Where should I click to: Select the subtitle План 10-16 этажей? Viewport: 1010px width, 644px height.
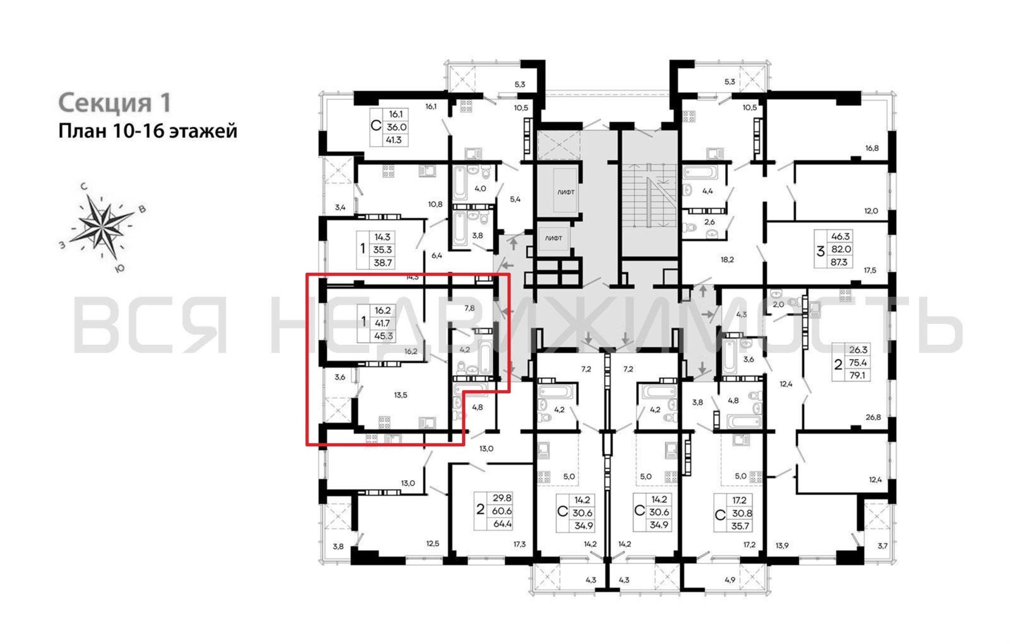coord(148,131)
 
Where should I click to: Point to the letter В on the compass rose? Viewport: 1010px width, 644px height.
coord(143,209)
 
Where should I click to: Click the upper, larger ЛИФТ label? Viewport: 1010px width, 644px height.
coord(566,192)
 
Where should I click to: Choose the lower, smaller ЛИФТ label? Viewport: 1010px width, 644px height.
coord(553,238)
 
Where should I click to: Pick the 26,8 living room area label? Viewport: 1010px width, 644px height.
coord(873,417)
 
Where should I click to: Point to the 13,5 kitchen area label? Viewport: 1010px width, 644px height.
coord(401,395)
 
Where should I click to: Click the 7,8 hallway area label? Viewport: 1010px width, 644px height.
coord(469,308)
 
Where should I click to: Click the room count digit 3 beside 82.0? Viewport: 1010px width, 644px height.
coord(820,251)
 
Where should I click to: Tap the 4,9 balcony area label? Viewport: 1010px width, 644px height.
coord(730,580)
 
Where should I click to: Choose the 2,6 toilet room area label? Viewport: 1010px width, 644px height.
coord(709,222)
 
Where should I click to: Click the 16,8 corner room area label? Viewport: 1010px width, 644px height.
coord(872,148)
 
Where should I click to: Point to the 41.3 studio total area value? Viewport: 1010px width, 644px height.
coord(393,140)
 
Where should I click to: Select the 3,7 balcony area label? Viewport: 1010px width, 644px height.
coord(883,546)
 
